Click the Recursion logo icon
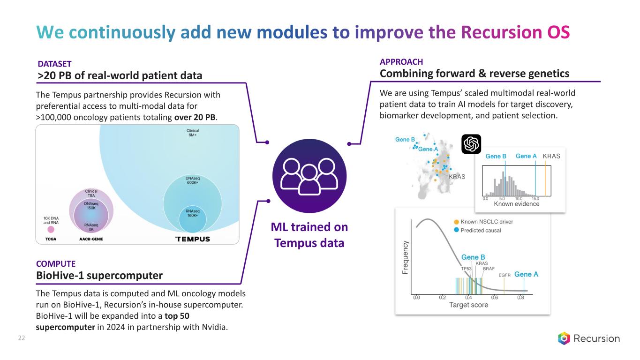[565, 338]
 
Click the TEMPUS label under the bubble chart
[192, 239]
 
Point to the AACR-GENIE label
[91, 239]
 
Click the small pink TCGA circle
[51, 229]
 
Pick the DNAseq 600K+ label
[192, 181]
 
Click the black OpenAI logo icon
[471, 144]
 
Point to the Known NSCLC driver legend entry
[486, 221]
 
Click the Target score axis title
[468, 305]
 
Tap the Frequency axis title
[405, 258]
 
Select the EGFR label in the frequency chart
[504, 275]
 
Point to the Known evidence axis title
[516, 204]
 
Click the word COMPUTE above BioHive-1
[56, 264]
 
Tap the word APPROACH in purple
[401, 62]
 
